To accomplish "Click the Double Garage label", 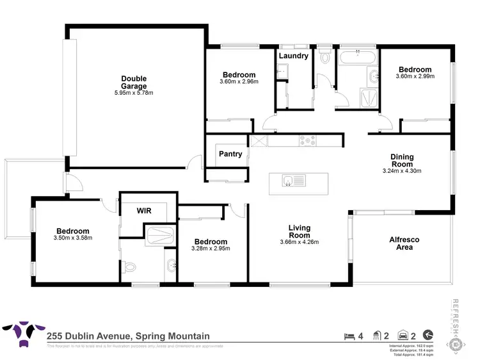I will (134, 83).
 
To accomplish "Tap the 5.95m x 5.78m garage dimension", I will (134, 93).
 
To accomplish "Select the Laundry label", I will (293, 56).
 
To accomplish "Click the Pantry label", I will (230, 154).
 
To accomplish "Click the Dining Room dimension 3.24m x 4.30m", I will (403, 171).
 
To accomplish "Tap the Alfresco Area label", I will (404, 243).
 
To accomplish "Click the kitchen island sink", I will (289, 181).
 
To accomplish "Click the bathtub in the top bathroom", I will (357, 58).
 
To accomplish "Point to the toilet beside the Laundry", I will (325, 58).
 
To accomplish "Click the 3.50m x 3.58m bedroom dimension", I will (72, 238).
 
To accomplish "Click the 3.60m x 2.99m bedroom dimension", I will (415, 76).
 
